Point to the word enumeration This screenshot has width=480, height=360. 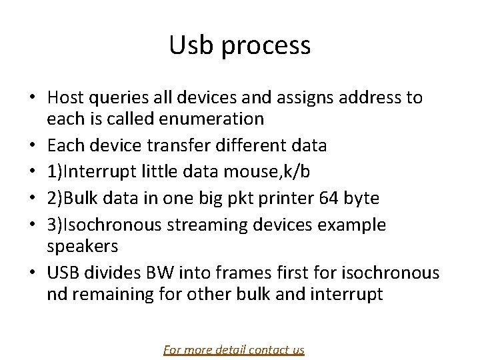click(207, 120)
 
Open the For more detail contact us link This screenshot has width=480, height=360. click(233, 349)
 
